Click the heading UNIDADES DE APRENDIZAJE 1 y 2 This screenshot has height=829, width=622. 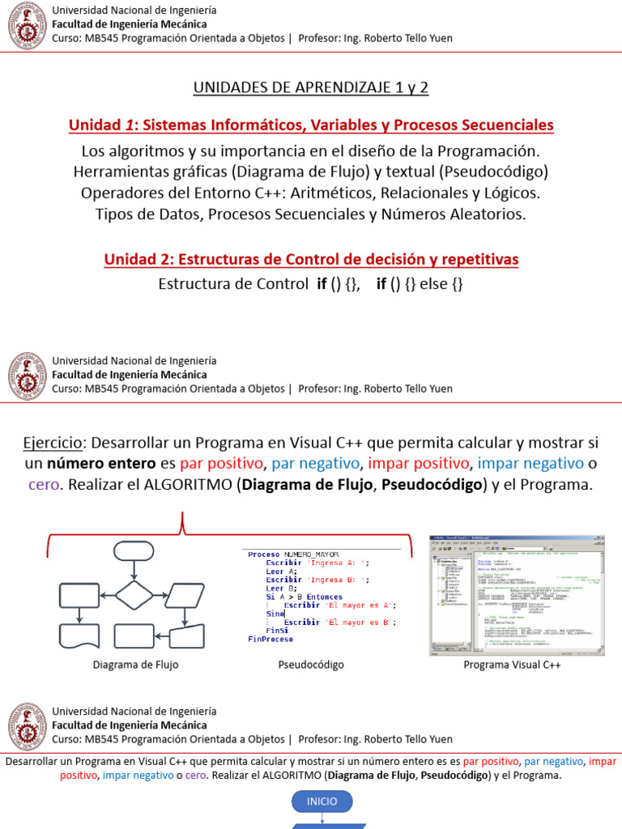click(x=311, y=87)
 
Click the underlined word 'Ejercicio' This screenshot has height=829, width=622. click(x=53, y=443)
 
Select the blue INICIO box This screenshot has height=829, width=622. click(x=322, y=801)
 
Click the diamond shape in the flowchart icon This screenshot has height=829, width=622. click(x=133, y=594)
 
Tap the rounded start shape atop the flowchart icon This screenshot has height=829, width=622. click(x=134, y=551)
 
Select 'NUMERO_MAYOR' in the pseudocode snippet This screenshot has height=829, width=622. click(x=311, y=555)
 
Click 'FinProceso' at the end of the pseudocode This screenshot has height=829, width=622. click(x=270, y=639)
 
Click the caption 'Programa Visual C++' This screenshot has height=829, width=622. click(x=512, y=665)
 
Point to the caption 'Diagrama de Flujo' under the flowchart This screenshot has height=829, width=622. click(x=136, y=665)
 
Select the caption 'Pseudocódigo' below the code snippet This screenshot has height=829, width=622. click(x=311, y=665)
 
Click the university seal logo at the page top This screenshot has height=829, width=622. click(x=28, y=25)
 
